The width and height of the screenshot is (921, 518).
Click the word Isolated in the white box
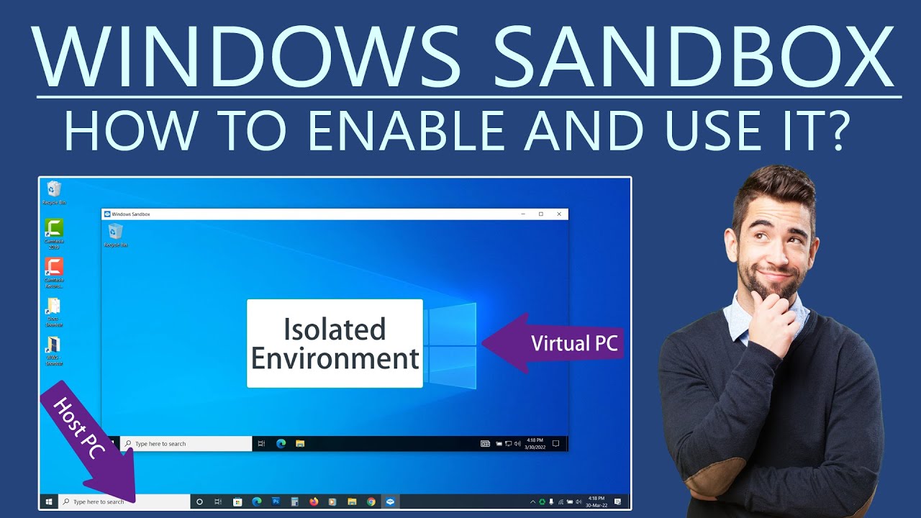[x=335, y=330]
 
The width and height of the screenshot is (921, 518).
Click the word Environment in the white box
[x=335, y=358]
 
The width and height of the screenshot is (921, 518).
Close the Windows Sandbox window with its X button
[x=559, y=214]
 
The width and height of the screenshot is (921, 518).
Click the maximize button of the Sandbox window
[x=541, y=214]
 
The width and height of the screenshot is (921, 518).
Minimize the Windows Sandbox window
[x=523, y=214]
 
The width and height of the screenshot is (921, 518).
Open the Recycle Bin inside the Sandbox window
[x=115, y=232]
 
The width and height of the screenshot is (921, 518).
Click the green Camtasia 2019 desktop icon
[x=54, y=229]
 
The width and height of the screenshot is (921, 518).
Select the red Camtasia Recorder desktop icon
[x=54, y=268]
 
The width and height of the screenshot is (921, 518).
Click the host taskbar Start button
[x=49, y=501]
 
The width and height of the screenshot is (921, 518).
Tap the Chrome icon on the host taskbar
[x=371, y=501]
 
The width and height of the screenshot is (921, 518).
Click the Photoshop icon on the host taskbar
[x=276, y=501]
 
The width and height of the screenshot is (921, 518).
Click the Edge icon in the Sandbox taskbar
[x=281, y=443]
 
